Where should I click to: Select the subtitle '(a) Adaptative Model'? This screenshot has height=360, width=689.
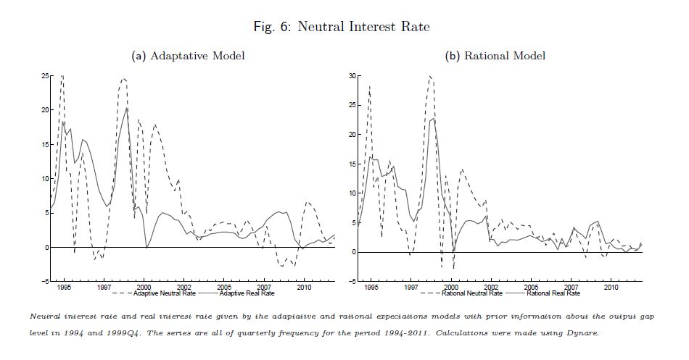[187, 56]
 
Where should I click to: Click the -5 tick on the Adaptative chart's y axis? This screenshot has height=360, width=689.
[45, 281]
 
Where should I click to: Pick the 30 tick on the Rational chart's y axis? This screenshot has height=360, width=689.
[353, 75]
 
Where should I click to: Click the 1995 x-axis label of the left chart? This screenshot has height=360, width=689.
[65, 288]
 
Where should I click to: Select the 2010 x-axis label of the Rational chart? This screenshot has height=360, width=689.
[611, 288]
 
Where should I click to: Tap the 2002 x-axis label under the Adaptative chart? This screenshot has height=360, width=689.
[183, 288]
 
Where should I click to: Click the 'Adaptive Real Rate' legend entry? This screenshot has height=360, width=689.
[246, 293]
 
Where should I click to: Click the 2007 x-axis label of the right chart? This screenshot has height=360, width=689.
[572, 288]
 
